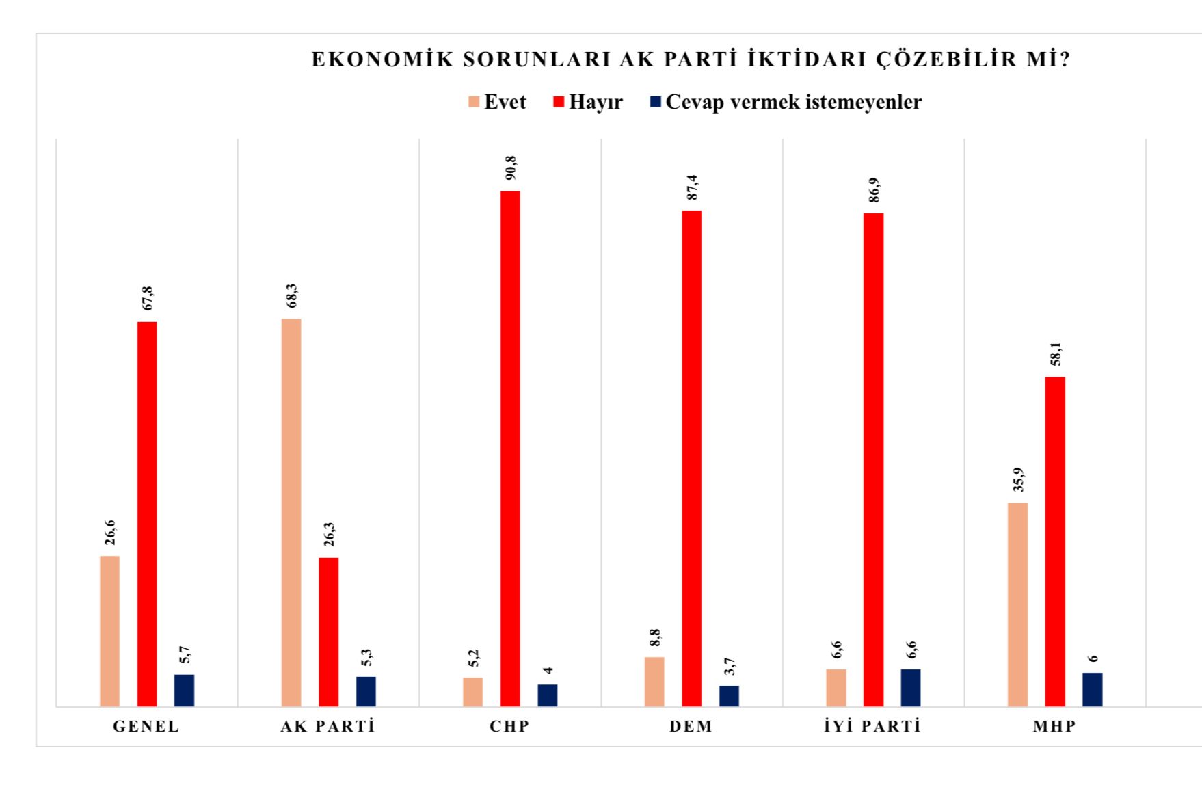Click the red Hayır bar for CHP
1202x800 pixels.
click(x=510, y=448)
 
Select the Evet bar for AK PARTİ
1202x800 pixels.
click(x=291, y=512)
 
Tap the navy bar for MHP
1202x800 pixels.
click(x=1092, y=689)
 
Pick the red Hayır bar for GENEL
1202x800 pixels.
click(x=147, y=514)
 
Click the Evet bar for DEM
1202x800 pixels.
click(x=654, y=681)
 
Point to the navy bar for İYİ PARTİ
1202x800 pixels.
click(x=911, y=687)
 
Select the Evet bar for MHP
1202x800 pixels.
click(x=1017, y=604)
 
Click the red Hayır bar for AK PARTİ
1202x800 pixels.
click(x=328, y=632)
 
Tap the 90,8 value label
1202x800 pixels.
click(x=511, y=168)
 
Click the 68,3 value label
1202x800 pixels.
click(x=292, y=295)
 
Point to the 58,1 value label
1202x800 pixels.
click(x=1056, y=354)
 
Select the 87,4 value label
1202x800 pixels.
click(x=693, y=187)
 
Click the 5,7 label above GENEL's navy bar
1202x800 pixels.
click(x=185, y=654)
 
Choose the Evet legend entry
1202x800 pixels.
click(x=497, y=102)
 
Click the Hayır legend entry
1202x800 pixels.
click(x=588, y=102)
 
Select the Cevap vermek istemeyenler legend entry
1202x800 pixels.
click(x=786, y=102)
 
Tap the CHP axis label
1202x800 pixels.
click(x=509, y=726)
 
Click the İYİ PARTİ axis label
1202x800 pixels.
click(x=872, y=726)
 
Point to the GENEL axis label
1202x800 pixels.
click(x=146, y=726)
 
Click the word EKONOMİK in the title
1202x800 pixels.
click(x=382, y=59)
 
